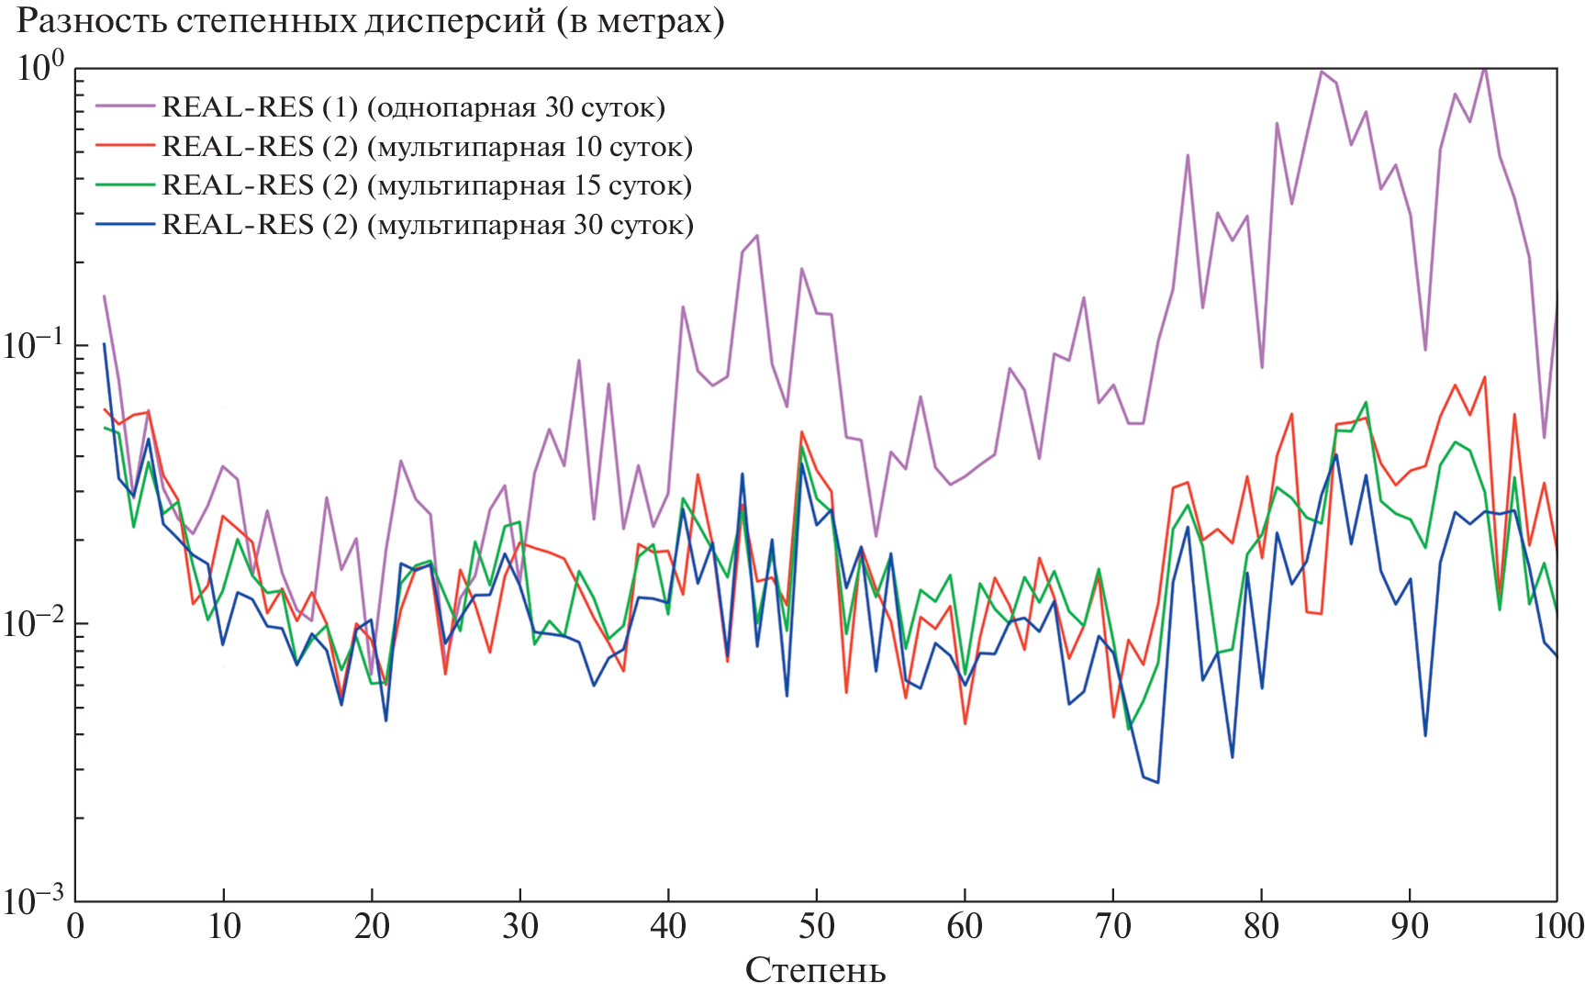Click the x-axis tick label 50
pyautogui.click(x=816, y=926)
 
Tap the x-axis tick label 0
pyautogui.click(x=75, y=926)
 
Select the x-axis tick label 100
pyautogui.click(x=1557, y=926)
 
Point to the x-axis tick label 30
pyautogui.click(x=519, y=926)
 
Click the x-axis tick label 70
pyautogui.click(x=1112, y=926)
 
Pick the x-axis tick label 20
pyautogui.click(x=372, y=926)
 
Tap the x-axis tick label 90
pyautogui.click(x=1409, y=926)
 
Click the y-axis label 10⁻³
pyautogui.click(x=34, y=900)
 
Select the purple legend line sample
pyautogui.click(x=125, y=106)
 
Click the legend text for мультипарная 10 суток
pyautogui.click(x=535, y=147)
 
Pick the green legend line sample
pyautogui.click(x=125, y=185)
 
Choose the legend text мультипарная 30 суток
pyautogui.click(x=535, y=225)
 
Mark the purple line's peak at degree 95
pyautogui.click(x=1484, y=67)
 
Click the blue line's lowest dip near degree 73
pyautogui.click(x=1158, y=783)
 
